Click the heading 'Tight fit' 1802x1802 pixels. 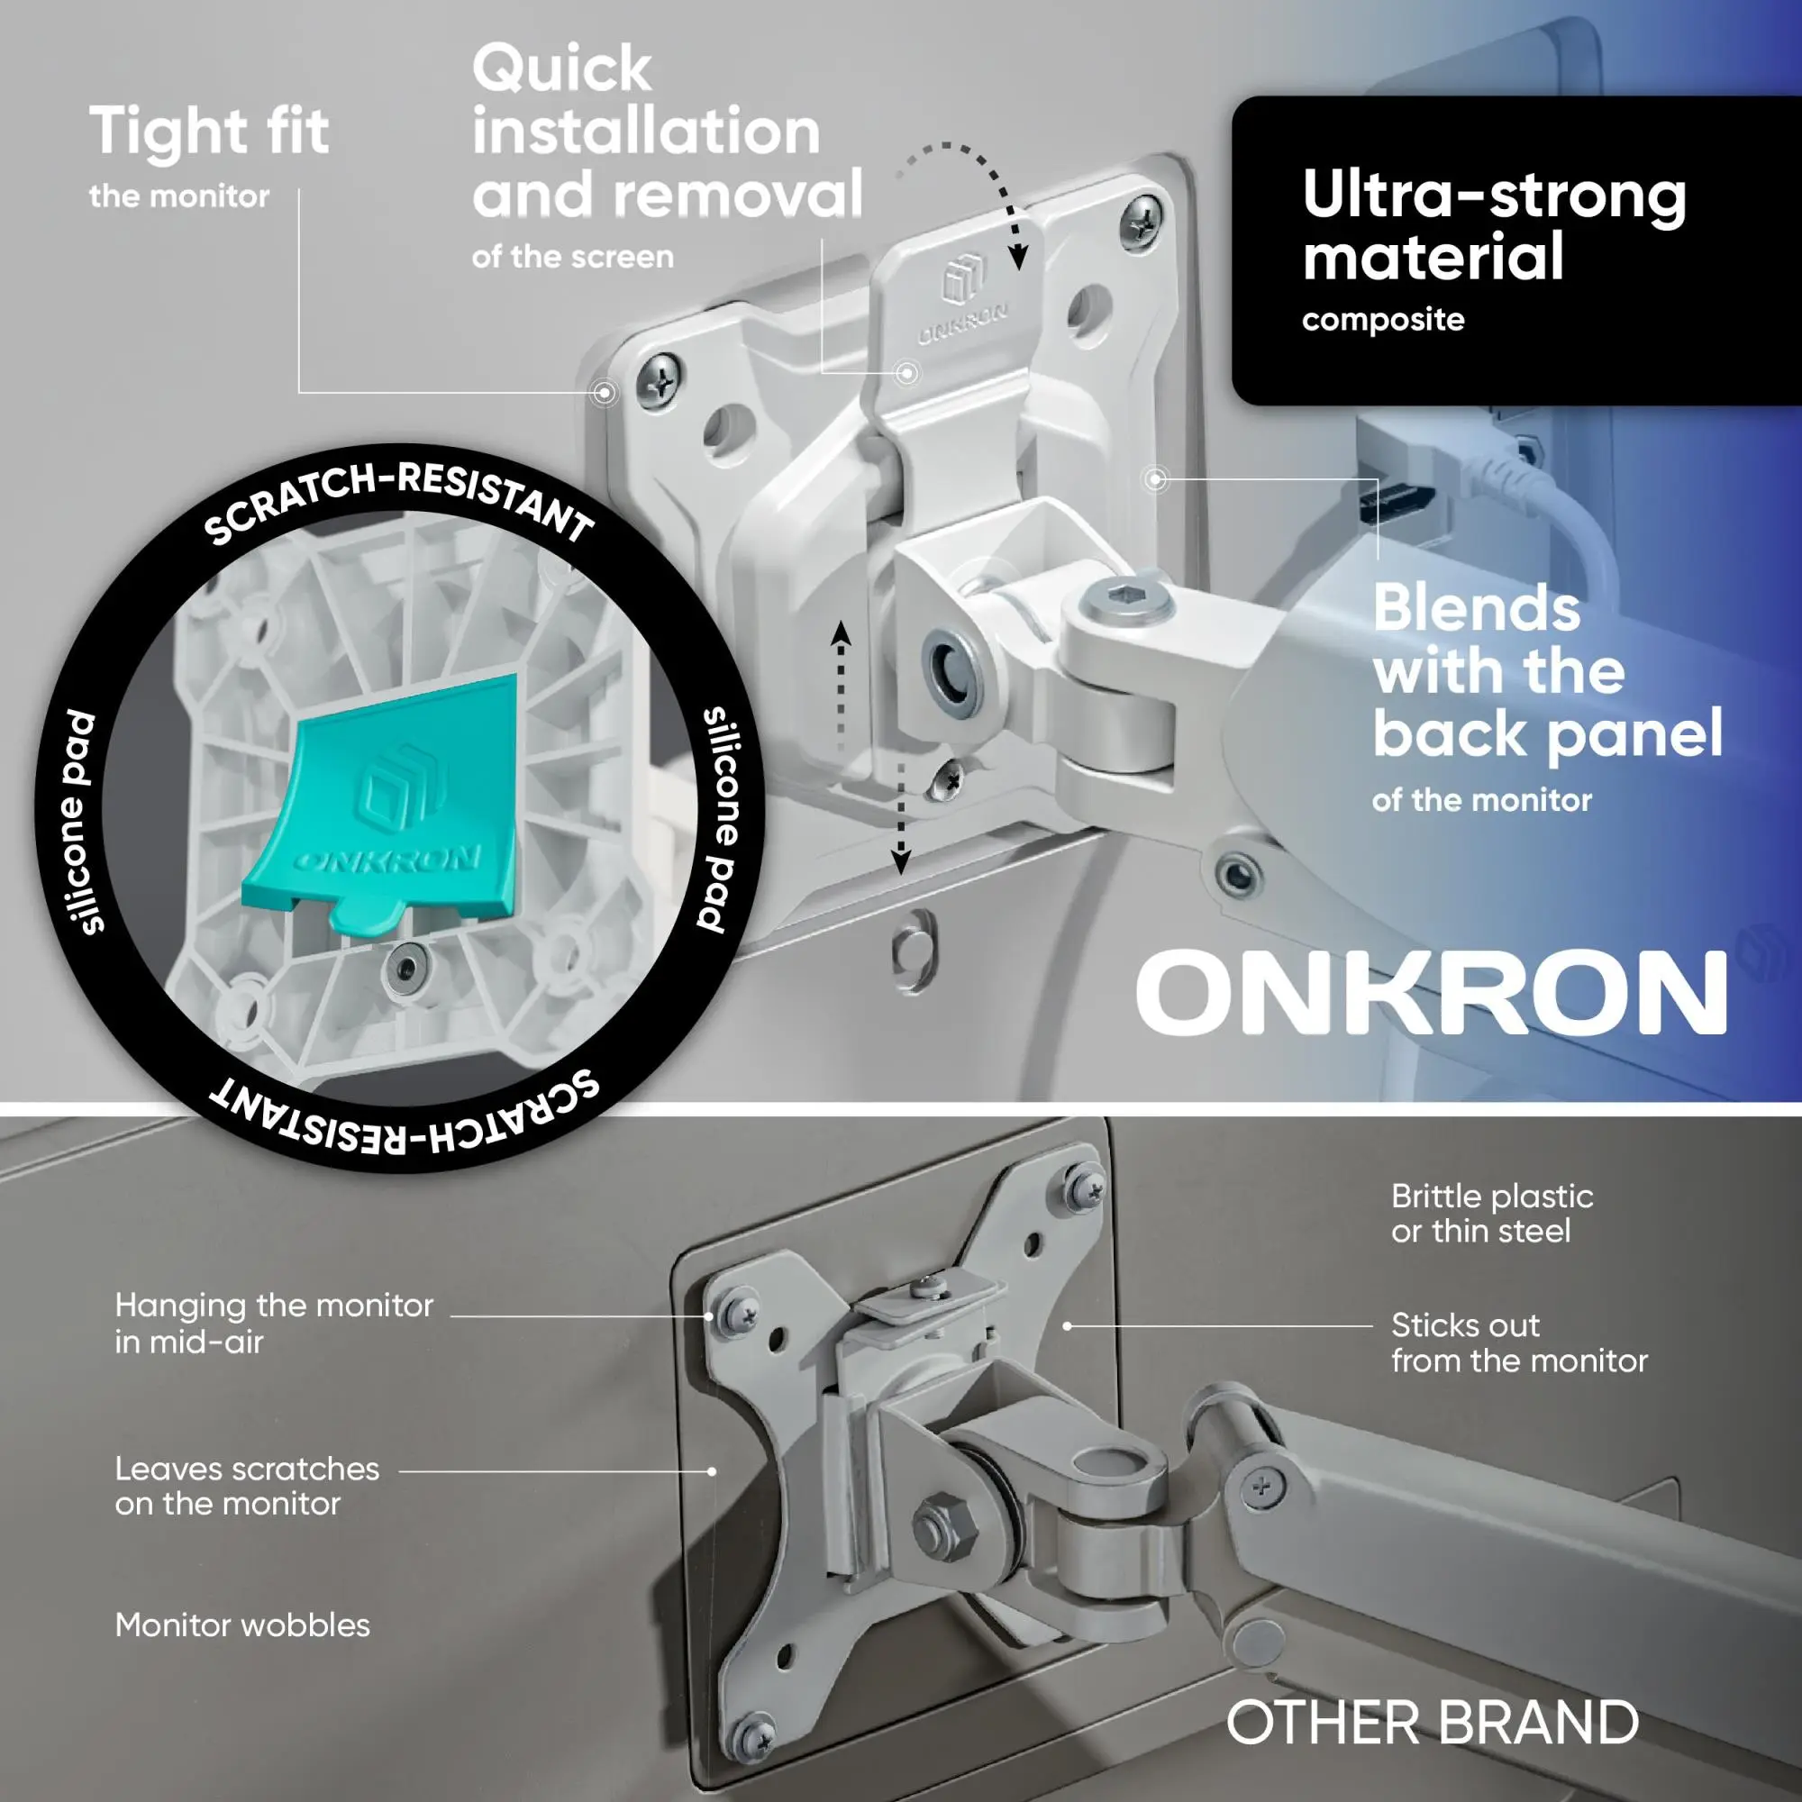click(x=209, y=131)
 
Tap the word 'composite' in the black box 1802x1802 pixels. click(x=1383, y=321)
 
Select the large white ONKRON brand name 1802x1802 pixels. click(x=1432, y=992)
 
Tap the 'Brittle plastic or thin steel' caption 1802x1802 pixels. click(x=1491, y=1214)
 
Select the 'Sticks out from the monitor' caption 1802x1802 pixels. click(x=1519, y=1343)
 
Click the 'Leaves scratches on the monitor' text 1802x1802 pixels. click(x=247, y=1487)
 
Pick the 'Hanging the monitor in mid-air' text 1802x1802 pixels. click(x=274, y=1324)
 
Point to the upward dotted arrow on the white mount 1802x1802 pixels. click(x=842, y=686)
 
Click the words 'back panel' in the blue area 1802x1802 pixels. click(x=1547, y=734)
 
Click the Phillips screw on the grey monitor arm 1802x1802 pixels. click(x=1261, y=1487)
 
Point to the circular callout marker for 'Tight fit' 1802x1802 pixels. click(x=605, y=393)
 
